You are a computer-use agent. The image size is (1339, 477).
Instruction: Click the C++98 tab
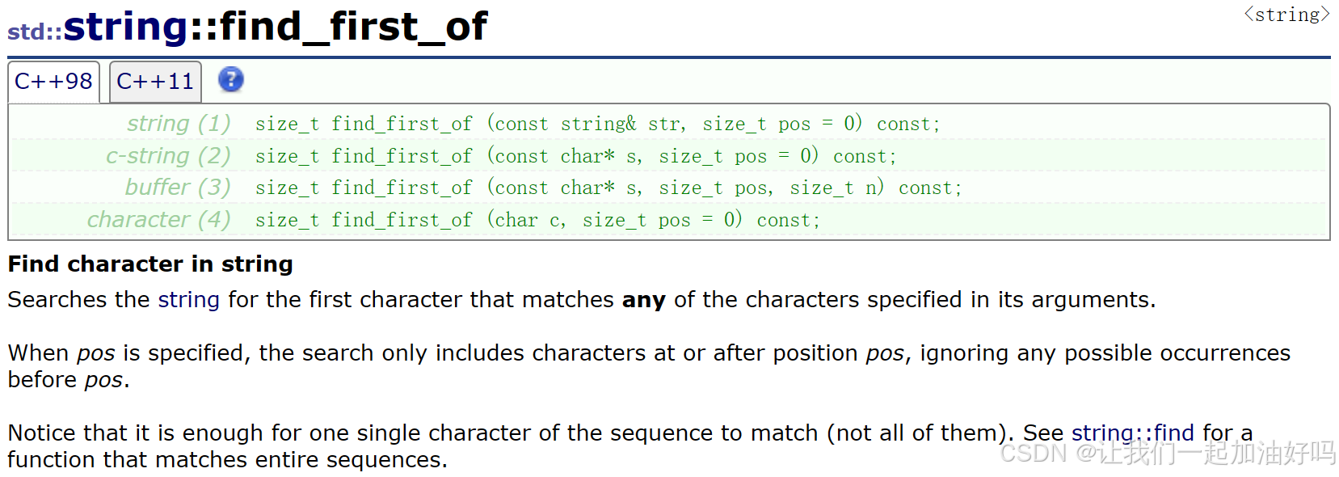click(53, 82)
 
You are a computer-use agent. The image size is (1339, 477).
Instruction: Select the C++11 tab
click(155, 82)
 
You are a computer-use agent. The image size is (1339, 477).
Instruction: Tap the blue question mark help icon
click(231, 79)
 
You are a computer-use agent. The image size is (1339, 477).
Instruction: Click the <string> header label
click(1286, 15)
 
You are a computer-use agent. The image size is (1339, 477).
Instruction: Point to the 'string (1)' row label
click(179, 124)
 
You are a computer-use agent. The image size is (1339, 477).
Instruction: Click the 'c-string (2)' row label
click(168, 155)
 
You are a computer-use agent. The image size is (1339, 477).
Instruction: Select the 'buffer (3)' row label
click(178, 188)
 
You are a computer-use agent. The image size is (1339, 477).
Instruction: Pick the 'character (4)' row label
click(158, 220)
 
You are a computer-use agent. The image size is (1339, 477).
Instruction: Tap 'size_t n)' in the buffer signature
click(836, 188)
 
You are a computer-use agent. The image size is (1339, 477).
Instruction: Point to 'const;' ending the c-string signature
click(865, 156)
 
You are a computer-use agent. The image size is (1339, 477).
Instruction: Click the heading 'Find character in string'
click(150, 264)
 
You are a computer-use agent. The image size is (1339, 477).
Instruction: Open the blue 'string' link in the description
click(188, 300)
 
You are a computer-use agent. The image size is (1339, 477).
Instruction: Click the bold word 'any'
click(643, 300)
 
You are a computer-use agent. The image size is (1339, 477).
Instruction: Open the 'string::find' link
click(1132, 433)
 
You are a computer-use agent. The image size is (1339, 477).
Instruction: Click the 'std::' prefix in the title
click(35, 32)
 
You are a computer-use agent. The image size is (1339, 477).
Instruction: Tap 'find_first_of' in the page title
click(353, 27)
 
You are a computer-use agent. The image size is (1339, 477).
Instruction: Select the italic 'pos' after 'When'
click(95, 353)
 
